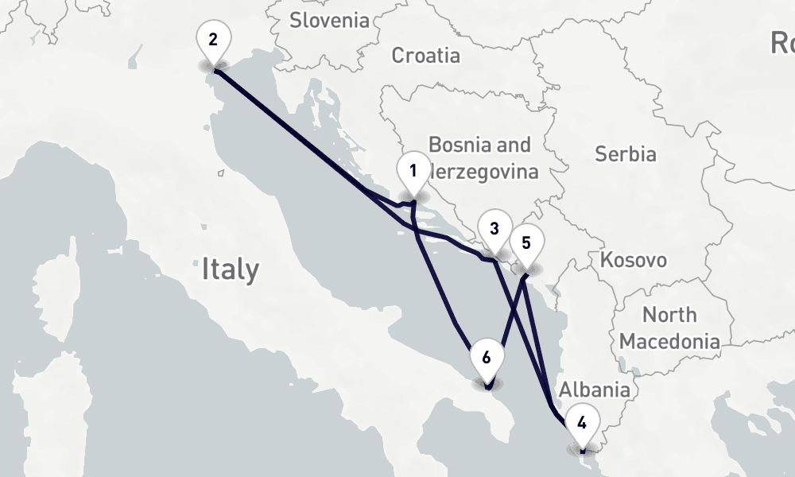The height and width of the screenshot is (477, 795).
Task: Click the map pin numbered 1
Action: tap(413, 173)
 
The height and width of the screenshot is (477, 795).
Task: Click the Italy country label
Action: tap(230, 269)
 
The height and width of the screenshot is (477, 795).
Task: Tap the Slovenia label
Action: tap(329, 20)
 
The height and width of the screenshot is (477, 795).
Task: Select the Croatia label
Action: tap(426, 55)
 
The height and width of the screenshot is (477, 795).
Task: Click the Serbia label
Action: tap(626, 153)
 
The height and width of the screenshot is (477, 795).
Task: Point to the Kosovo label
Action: tap(634, 260)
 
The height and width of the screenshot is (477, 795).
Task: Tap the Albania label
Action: tap(595, 390)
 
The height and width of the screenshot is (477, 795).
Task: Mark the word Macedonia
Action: tap(669, 342)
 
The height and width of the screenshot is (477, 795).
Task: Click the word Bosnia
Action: tap(456, 145)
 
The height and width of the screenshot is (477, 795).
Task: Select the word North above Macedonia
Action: tap(669, 315)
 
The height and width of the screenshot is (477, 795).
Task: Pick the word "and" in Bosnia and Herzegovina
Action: tap(513, 145)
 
